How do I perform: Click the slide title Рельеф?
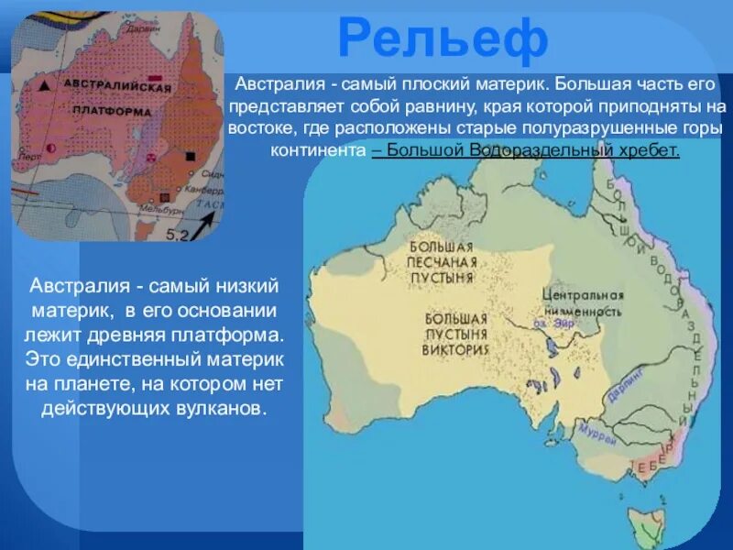[443, 39]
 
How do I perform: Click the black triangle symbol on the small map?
[44, 85]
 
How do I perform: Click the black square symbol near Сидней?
[190, 157]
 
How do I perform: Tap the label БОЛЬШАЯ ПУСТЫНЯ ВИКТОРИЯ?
[456, 334]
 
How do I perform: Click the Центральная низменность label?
[582, 303]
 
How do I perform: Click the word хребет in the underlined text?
[648, 148]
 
